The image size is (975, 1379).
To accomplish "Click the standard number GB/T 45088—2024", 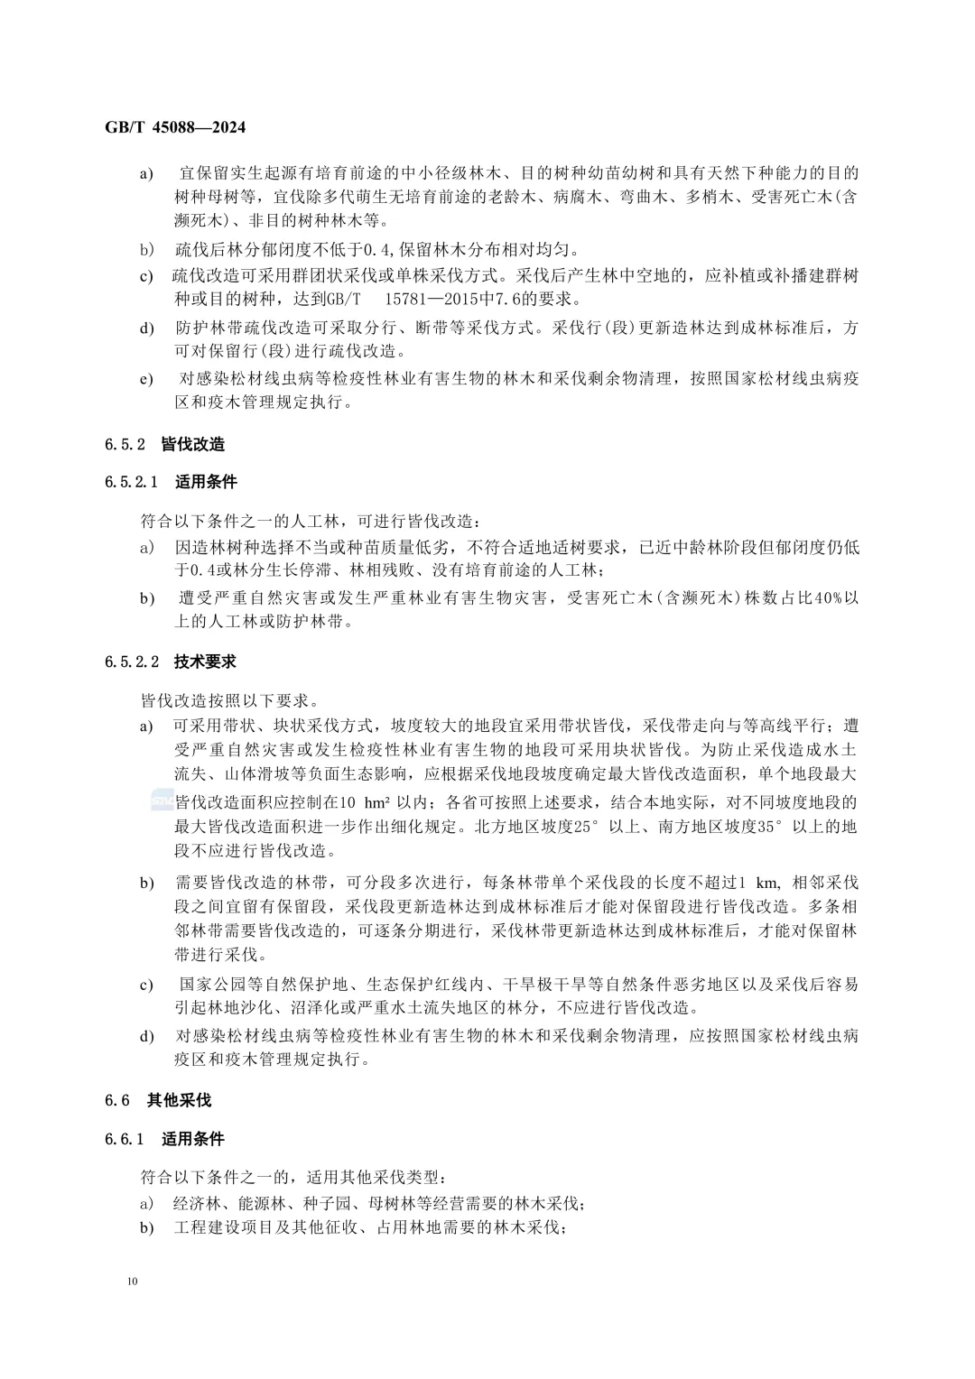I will [175, 127].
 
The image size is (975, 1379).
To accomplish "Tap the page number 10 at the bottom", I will [135, 1281].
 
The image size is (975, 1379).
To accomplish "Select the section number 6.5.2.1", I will [131, 482].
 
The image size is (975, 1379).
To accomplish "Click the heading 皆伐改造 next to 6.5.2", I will [193, 444].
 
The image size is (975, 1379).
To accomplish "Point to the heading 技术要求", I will [206, 662].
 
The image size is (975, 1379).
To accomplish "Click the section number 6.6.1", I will [125, 1139].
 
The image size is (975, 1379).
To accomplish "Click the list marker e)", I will [146, 379].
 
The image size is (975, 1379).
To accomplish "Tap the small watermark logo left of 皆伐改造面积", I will [162, 801].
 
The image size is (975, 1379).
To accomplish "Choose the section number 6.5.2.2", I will [131, 662].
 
